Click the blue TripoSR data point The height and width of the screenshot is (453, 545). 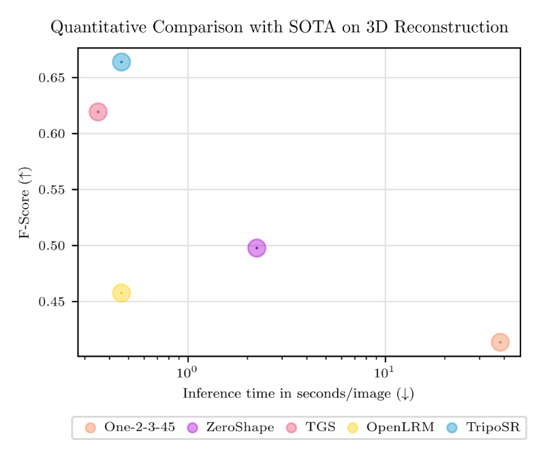121,62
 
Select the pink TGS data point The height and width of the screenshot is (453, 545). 98,112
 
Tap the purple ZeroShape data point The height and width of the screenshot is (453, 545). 257,248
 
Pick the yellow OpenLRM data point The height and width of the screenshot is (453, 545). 121,293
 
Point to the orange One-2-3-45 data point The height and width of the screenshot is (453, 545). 500,342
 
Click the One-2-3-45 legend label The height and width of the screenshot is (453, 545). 140,428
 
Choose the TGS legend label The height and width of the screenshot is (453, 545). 321,428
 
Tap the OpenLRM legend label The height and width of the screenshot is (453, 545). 400,428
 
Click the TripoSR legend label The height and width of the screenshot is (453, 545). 493,428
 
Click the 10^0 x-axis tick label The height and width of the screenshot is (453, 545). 187,372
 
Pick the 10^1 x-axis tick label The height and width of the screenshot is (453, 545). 386,372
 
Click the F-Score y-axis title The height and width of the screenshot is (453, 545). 25,205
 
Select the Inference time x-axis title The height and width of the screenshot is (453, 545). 298,394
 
